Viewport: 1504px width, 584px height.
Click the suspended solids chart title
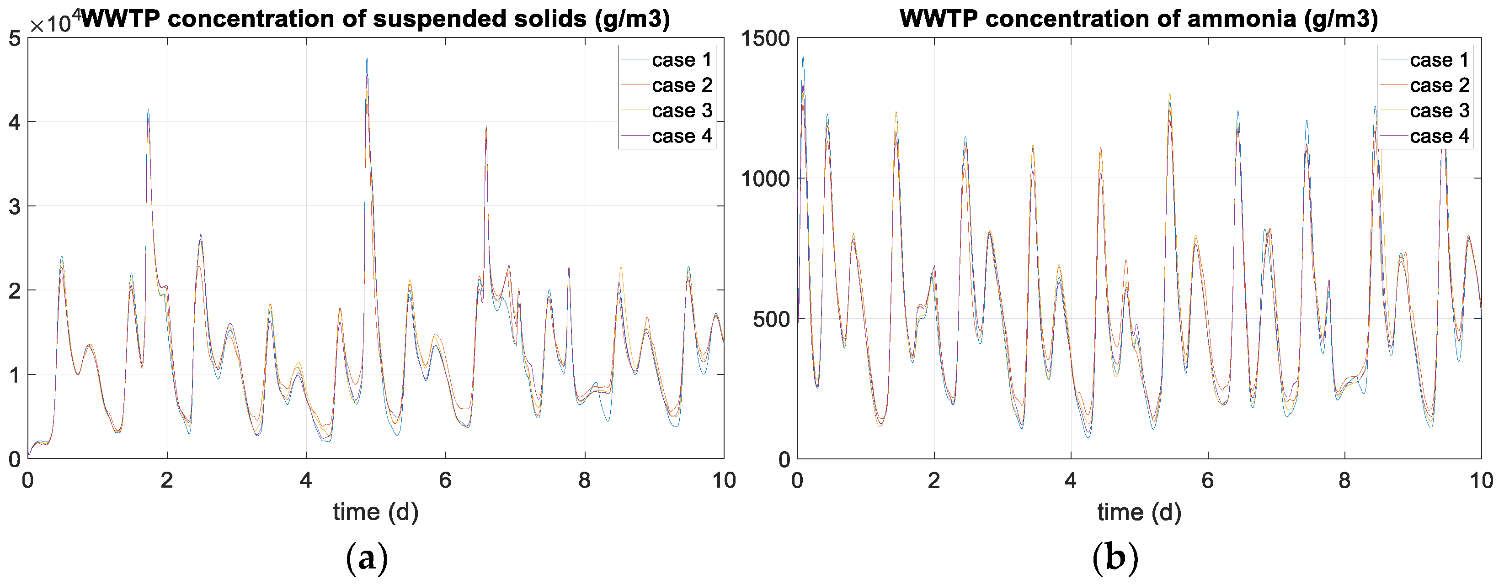coord(375,19)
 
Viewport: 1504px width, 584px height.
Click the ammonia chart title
coord(1138,19)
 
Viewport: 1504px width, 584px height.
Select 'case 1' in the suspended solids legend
coord(681,59)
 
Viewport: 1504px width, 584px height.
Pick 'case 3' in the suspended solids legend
coord(681,110)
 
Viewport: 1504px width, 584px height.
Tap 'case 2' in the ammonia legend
coord(1439,85)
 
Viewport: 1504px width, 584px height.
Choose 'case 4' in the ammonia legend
coord(1439,136)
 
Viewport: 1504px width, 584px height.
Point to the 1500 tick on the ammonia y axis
coord(765,38)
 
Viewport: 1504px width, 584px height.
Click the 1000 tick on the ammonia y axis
coord(765,179)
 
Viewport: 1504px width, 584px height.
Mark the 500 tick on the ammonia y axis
coord(771,319)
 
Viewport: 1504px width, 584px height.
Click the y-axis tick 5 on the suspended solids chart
coord(15,38)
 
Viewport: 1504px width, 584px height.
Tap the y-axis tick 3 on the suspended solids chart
coord(15,206)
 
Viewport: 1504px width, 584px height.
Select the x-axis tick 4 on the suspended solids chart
coord(306,480)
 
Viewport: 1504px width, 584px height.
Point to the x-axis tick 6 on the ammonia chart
coord(1207,480)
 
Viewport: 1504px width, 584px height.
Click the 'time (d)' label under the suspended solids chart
coord(375,512)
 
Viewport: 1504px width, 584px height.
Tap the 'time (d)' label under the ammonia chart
coord(1138,512)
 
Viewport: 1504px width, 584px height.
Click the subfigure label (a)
coord(367,558)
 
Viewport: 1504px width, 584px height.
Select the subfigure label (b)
coord(1115,558)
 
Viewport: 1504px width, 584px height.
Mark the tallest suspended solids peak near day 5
coord(367,59)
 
